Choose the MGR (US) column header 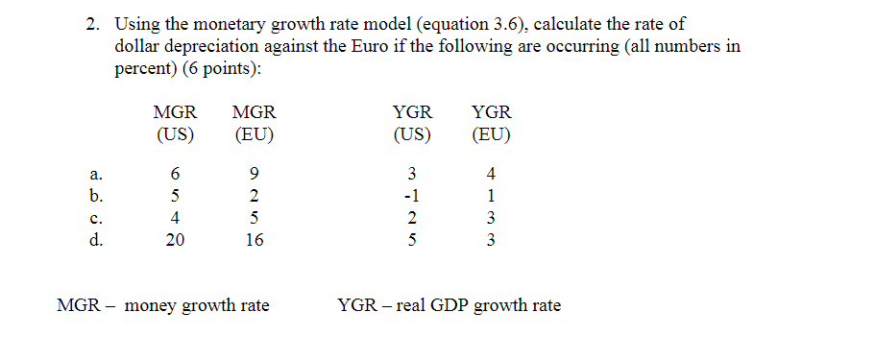click(x=175, y=123)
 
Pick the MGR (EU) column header click(x=254, y=123)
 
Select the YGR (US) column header click(x=412, y=123)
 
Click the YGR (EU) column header click(x=491, y=123)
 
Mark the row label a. click(x=94, y=175)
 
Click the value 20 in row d click(x=175, y=241)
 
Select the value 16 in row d click(x=254, y=241)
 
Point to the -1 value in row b click(x=411, y=197)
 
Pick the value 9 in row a click(x=254, y=175)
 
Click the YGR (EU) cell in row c click(x=491, y=219)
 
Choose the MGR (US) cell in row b click(x=175, y=197)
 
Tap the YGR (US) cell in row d click(x=412, y=241)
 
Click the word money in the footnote click(x=149, y=306)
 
